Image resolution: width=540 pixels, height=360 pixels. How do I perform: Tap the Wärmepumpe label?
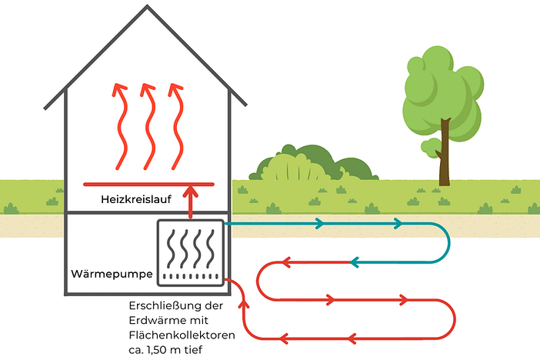(x=110, y=274)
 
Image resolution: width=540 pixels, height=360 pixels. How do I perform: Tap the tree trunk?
(x=444, y=158)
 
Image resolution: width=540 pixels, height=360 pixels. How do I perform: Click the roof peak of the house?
(x=145, y=12)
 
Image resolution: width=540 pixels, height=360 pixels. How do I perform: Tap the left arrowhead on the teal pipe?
(x=317, y=224)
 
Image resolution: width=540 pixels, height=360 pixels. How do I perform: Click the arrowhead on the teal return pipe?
(x=356, y=262)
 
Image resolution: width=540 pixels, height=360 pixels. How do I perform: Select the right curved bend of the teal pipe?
(x=448, y=243)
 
